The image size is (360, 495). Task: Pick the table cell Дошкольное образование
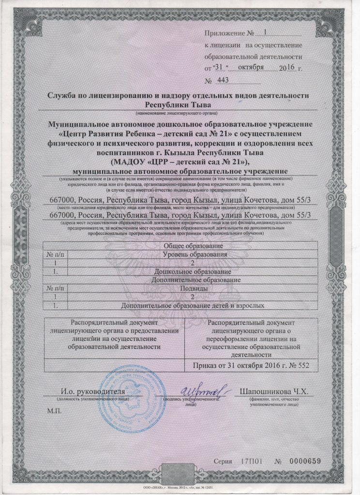pos(191,272)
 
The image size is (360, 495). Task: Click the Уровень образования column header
pos(191,255)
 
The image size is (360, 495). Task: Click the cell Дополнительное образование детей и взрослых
pos(191,306)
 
